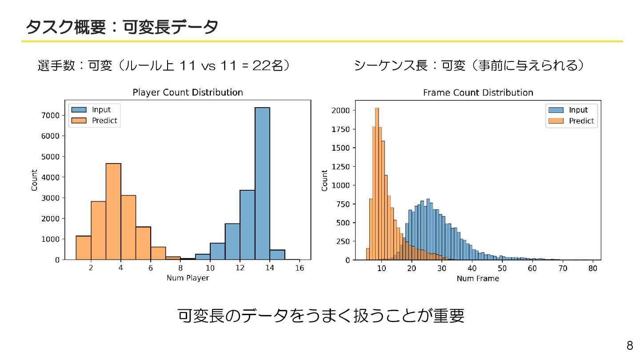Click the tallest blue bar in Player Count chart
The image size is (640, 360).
coord(262,183)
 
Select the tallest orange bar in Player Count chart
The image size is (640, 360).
coord(113,211)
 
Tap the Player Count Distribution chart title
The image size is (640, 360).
coord(188,92)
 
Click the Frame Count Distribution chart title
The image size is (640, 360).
coord(478,92)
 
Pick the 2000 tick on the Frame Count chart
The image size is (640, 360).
coord(340,110)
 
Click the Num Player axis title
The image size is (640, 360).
coord(188,278)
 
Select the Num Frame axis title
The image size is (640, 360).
coord(478,279)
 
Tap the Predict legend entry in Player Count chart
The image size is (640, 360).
coord(104,120)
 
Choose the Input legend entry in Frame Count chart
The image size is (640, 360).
coord(578,110)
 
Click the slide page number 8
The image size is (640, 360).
coord(630,346)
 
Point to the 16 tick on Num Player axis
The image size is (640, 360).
coord(300,268)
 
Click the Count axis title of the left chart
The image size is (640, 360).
coord(35,180)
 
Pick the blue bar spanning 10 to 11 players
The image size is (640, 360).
coord(217,251)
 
